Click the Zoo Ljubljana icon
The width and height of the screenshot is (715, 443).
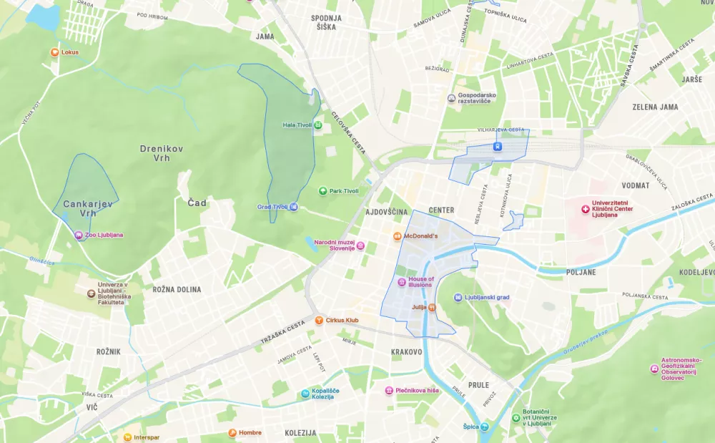pos(79,235)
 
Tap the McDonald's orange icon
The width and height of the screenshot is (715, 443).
pos(398,236)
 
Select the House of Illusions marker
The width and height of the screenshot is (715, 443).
pos(402,282)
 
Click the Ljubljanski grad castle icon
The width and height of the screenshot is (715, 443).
pos(458,297)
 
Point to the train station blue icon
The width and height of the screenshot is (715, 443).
pos(498,147)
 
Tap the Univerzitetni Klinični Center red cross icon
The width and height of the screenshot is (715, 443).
pos(586,209)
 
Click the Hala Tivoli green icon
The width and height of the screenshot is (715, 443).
pos(318,125)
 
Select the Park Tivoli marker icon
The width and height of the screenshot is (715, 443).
pos(323,191)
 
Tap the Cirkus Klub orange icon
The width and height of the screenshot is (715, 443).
pos(319,320)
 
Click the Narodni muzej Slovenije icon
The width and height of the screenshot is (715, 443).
pos(360,245)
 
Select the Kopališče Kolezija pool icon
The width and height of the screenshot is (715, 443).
pos(305,393)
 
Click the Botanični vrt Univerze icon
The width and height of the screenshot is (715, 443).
pos(516,418)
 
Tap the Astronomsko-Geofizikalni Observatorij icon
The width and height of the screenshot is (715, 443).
pos(654,369)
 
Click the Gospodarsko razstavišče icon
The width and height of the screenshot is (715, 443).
pos(451,98)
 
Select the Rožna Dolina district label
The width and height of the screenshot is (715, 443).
pos(177,290)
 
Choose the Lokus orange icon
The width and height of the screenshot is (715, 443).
pos(54,52)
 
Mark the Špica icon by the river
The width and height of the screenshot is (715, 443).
pos(484,427)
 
